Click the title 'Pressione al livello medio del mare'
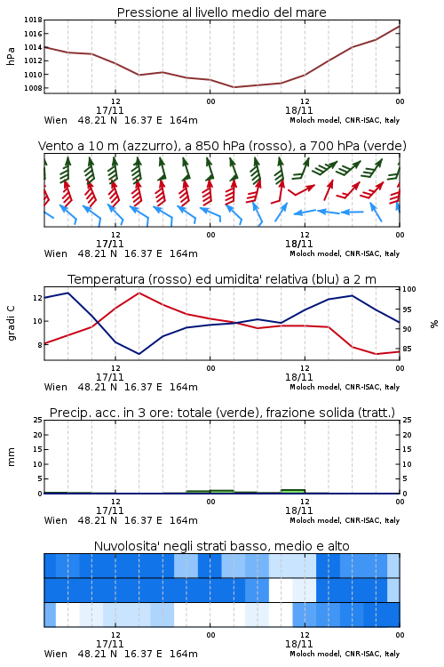point(221,12)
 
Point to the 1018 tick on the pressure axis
point(33,20)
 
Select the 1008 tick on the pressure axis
point(33,88)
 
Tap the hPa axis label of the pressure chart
point(11,56)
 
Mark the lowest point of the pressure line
point(234,87)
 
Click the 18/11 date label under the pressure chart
point(298,110)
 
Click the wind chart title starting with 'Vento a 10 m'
point(222,146)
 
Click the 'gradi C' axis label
point(11,323)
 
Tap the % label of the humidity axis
point(434,324)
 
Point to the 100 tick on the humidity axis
point(409,289)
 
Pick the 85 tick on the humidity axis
point(407,349)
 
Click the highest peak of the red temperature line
point(139,293)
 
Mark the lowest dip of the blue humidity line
point(139,354)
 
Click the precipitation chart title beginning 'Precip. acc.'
point(222,413)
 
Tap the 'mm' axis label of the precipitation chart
point(11,457)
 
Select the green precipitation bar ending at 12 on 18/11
point(293,491)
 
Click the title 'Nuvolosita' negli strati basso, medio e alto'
point(222,546)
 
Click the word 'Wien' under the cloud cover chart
point(56,654)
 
